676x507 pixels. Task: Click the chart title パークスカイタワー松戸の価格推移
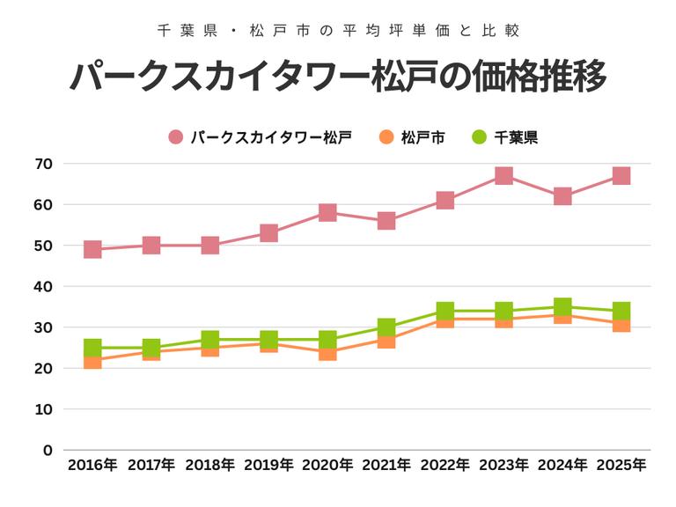(x=338, y=77)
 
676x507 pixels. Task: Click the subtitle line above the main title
(x=338, y=30)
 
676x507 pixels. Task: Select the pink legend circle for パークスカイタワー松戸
(x=176, y=137)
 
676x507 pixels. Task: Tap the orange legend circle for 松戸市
(x=386, y=137)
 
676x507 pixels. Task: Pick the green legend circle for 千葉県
(x=479, y=137)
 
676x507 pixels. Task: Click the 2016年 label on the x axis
(x=92, y=465)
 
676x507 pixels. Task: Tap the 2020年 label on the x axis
(x=327, y=465)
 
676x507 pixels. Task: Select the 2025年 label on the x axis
(x=621, y=465)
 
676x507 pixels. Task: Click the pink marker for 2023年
(x=503, y=176)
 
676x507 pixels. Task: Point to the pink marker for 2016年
(x=92, y=250)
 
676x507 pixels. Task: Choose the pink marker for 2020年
(x=327, y=213)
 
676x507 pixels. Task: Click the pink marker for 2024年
(x=562, y=196)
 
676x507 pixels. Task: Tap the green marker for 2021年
(x=386, y=327)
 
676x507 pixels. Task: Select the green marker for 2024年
(x=562, y=306)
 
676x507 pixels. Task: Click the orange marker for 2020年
(x=327, y=354)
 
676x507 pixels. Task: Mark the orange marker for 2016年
(x=92, y=362)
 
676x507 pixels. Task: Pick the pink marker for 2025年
(x=621, y=176)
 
